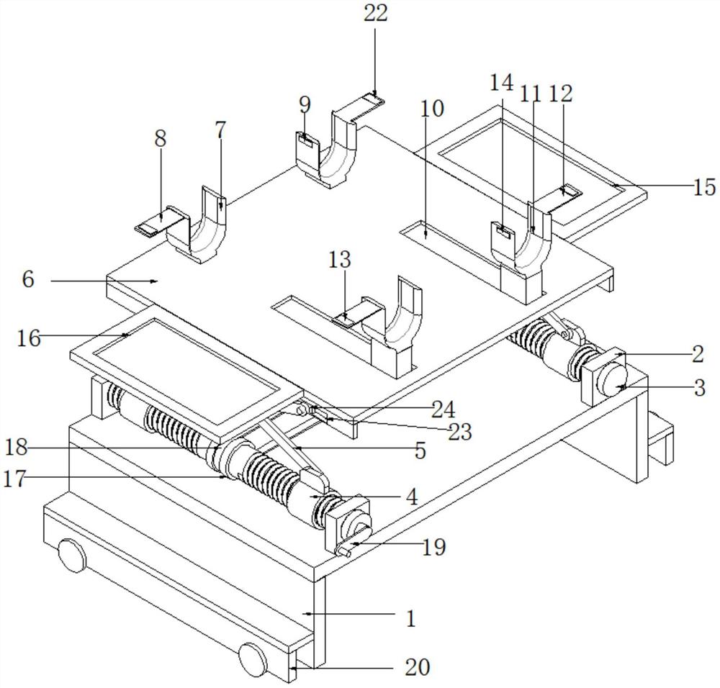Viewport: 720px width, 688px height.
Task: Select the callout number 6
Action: tap(28, 279)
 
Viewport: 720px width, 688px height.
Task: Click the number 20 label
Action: tap(417, 667)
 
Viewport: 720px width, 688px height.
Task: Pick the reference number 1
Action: tap(411, 617)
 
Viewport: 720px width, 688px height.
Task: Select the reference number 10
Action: tap(433, 109)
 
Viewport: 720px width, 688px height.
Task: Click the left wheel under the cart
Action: tap(70, 556)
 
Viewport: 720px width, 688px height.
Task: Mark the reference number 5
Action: tap(420, 451)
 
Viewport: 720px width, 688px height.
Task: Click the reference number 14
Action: tap(501, 83)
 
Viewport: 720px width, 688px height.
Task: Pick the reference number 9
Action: tap(305, 105)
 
